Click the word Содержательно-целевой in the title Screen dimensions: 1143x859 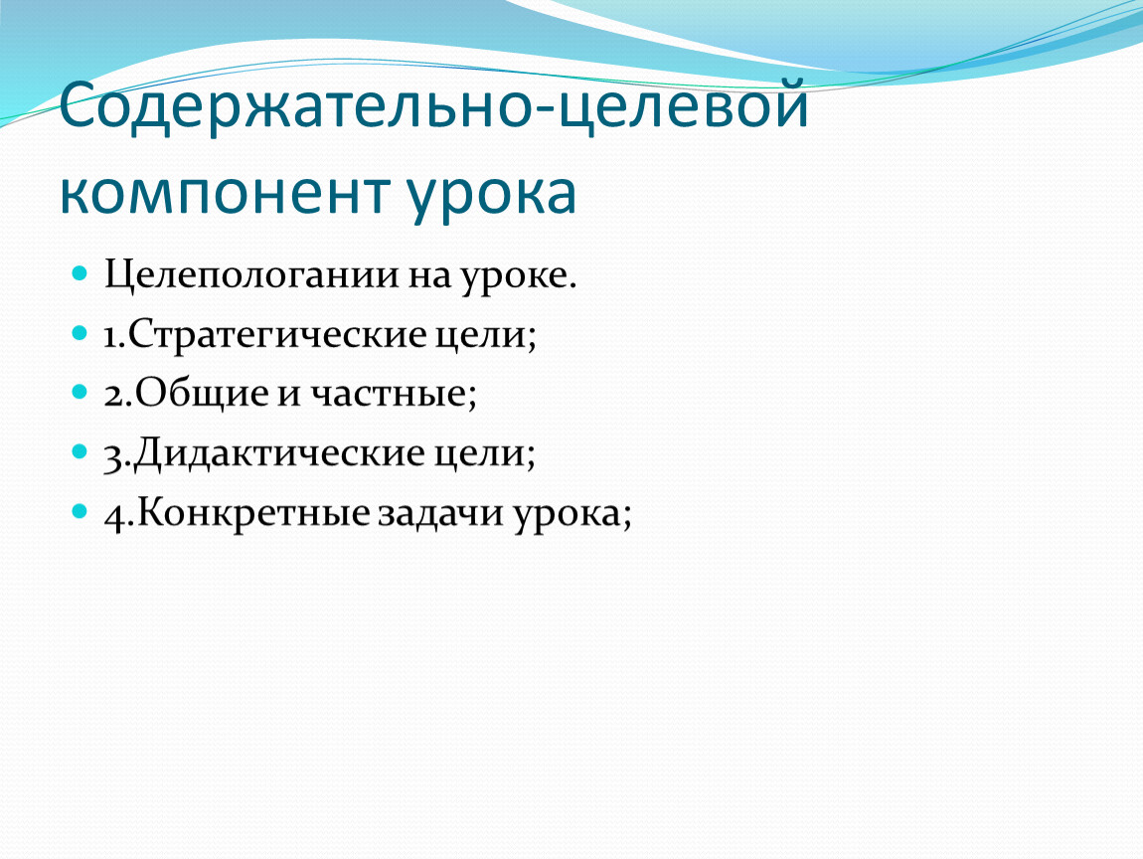(434, 105)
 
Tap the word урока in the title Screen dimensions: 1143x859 (491, 196)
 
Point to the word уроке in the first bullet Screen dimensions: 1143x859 (517, 278)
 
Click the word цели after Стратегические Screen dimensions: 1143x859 (485, 335)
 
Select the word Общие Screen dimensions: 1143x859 (201, 395)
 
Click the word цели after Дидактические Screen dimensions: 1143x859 (485, 453)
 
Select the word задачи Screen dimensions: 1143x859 (440, 513)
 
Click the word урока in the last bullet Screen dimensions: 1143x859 (571, 515)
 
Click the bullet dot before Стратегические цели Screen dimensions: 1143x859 (80, 333)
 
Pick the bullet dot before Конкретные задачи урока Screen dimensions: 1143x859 (80, 511)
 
